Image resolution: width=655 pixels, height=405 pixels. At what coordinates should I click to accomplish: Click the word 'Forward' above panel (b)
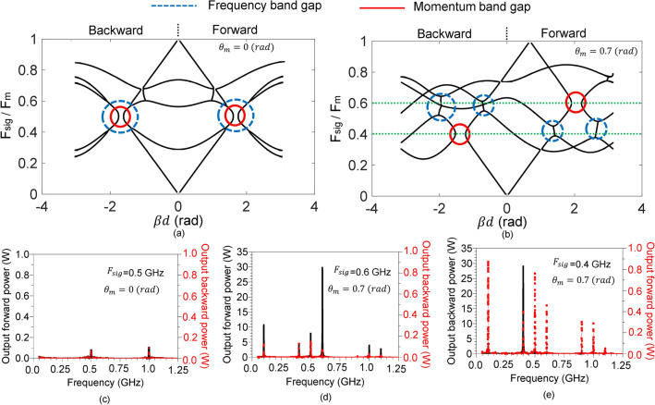click(552, 31)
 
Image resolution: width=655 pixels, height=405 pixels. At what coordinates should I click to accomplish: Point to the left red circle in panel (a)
click(120, 117)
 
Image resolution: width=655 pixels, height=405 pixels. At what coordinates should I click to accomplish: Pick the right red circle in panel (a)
click(234, 116)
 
